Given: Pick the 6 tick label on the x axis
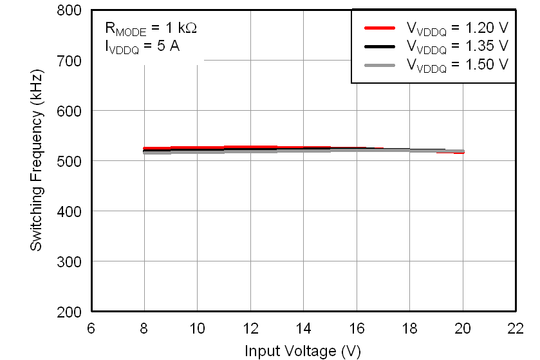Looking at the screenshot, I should point(91,328).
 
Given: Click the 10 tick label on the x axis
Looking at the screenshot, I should point(197,328).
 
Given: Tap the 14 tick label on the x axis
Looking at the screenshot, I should point(303,328).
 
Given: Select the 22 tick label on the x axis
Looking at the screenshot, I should point(516,328).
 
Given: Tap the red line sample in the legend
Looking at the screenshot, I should point(379,28).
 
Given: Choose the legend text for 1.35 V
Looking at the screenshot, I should point(456,46).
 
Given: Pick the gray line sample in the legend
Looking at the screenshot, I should point(379,65).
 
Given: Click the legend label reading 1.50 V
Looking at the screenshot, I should point(456,65).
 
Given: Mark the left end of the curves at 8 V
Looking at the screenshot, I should point(144,151).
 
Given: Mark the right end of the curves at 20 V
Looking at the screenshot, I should point(463,152).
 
